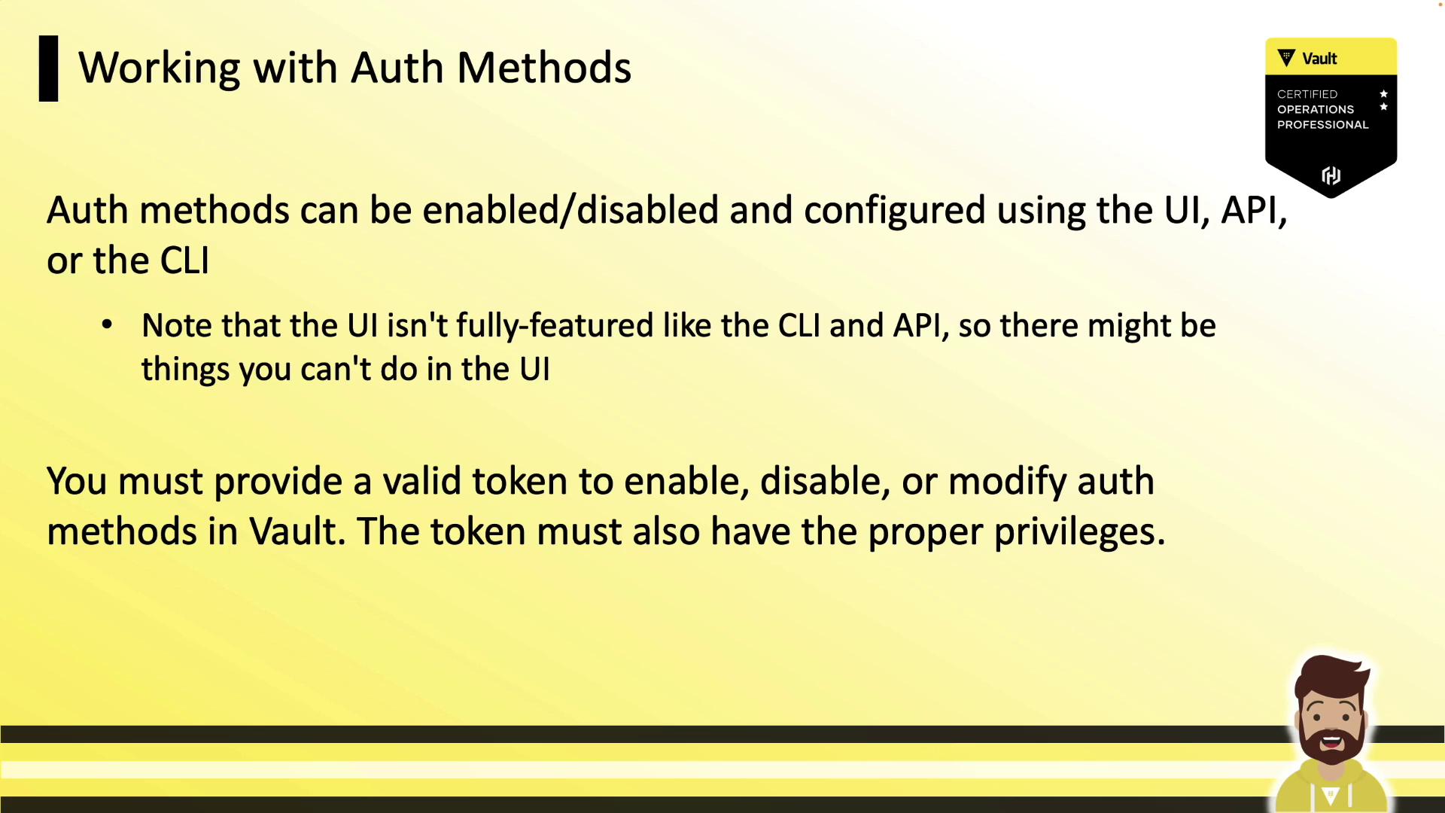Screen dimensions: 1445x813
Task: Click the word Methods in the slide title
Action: tap(543, 68)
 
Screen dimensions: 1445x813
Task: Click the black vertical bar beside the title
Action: tap(48, 69)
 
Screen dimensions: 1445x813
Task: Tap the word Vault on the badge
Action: tap(1319, 59)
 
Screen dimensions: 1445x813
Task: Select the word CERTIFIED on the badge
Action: tap(1307, 94)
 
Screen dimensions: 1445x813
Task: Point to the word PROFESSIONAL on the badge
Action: tap(1322, 125)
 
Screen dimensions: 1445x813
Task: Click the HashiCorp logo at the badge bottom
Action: tap(1331, 175)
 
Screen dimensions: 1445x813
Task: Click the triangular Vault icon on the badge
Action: tap(1286, 58)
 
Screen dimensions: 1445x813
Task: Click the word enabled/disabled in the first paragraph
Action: tap(570, 210)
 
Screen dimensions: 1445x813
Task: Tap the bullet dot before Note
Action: tap(107, 325)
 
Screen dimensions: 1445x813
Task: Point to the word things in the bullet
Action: tap(185, 370)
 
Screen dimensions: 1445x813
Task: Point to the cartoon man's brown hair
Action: tap(1331, 675)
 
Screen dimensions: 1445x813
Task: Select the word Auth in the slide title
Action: tap(397, 68)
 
